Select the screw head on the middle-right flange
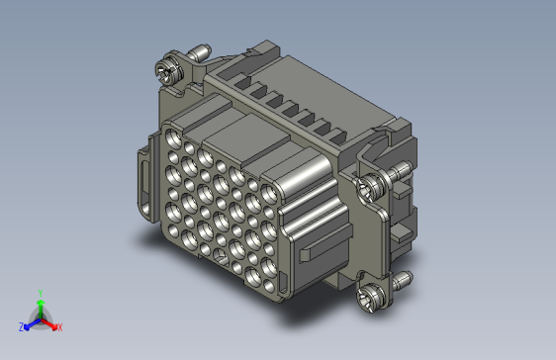tap(371, 188)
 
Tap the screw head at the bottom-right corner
tap(371, 297)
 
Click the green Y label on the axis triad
tap(41, 294)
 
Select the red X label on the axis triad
tap(60, 327)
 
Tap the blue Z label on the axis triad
tap(22, 327)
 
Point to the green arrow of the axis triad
tap(41, 309)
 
